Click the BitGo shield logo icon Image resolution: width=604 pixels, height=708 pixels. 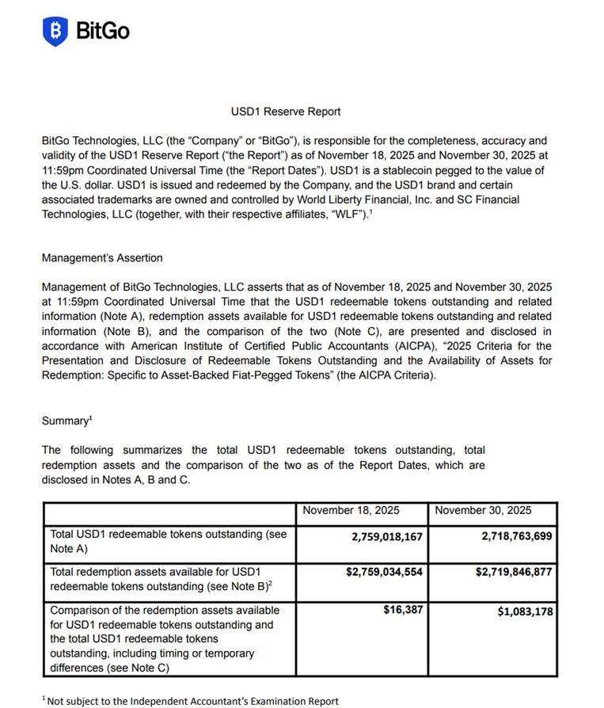55,31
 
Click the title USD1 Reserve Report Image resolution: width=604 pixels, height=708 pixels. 286,112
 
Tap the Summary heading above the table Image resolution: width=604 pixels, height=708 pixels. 66,421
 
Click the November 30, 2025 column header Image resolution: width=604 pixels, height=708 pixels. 483,511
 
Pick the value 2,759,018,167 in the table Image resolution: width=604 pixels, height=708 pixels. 387,536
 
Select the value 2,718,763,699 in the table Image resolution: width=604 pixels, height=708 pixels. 516,536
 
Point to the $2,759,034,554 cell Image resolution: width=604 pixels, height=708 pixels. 384,572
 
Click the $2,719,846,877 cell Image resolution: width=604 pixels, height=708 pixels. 514,572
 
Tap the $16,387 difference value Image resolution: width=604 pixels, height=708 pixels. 404,611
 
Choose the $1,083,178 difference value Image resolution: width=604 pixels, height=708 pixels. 525,611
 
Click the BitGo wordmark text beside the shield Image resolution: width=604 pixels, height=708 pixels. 103,31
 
